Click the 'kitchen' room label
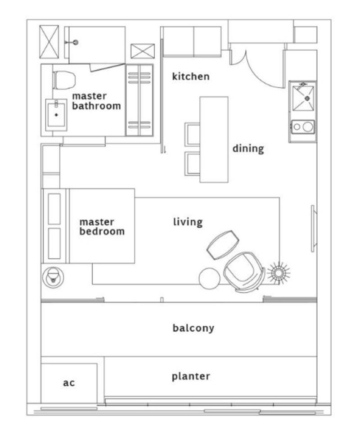pyautogui.click(x=191, y=77)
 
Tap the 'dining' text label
pyautogui.click(x=248, y=149)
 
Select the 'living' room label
pyautogui.click(x=188, y=221)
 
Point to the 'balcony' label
pyautogui.click(x=193, y=328)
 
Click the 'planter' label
pyautogui.click(x=191, y=376)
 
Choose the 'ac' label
pyautogui.click(x=69, y=383)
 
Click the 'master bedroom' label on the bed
pyautogui.click(x=102, y=227)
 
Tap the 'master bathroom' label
pyautogui.click(x=96, y=101)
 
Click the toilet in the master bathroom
pyautogui.click(x=63, y=80)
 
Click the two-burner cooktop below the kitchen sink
pyautogui.click(x=303, y=127)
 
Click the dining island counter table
pyautogui.click(x=214, y=140)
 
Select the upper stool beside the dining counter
pyautogui.click(x=192, y=133)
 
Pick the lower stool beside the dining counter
pyautogui.click(x=192, y=163)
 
